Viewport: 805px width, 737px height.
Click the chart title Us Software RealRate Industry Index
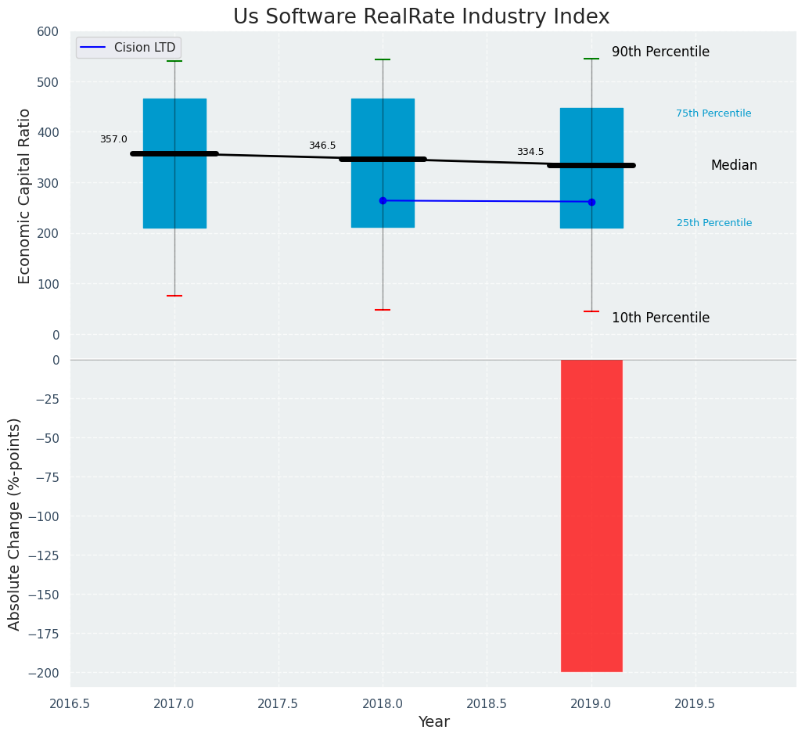click(x=421, y=17)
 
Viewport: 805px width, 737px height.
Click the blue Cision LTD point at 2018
click(x=383, y=200)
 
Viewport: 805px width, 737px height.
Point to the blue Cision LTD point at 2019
click(x=591, y=202)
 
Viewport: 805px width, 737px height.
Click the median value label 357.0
click(x=113, y=139)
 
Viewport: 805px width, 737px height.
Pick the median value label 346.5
click(x=322, y=146)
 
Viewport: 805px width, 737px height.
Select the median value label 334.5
click(x=530, y=152)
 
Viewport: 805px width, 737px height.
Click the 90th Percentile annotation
click(x=660, y=52)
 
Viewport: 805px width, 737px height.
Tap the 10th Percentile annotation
click(x=660, y=318)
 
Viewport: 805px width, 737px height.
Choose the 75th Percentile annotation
click(x=713, y=113)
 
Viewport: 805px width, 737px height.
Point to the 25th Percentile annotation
click(x=714, y=223)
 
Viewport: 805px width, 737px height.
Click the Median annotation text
click(x=734, y=166)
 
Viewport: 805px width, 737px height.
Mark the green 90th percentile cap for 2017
click(x=174, y=61)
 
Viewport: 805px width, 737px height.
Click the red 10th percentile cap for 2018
click(x=383, y=310)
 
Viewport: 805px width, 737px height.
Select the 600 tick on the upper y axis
click(x=48, y=31)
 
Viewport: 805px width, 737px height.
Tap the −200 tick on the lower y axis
click(x=44, y=673)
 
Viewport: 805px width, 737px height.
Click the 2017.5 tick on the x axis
click(x=279, y=703)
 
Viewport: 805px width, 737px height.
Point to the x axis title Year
click(x=433, y=722)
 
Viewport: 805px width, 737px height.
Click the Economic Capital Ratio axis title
click(x=24, y=196)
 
